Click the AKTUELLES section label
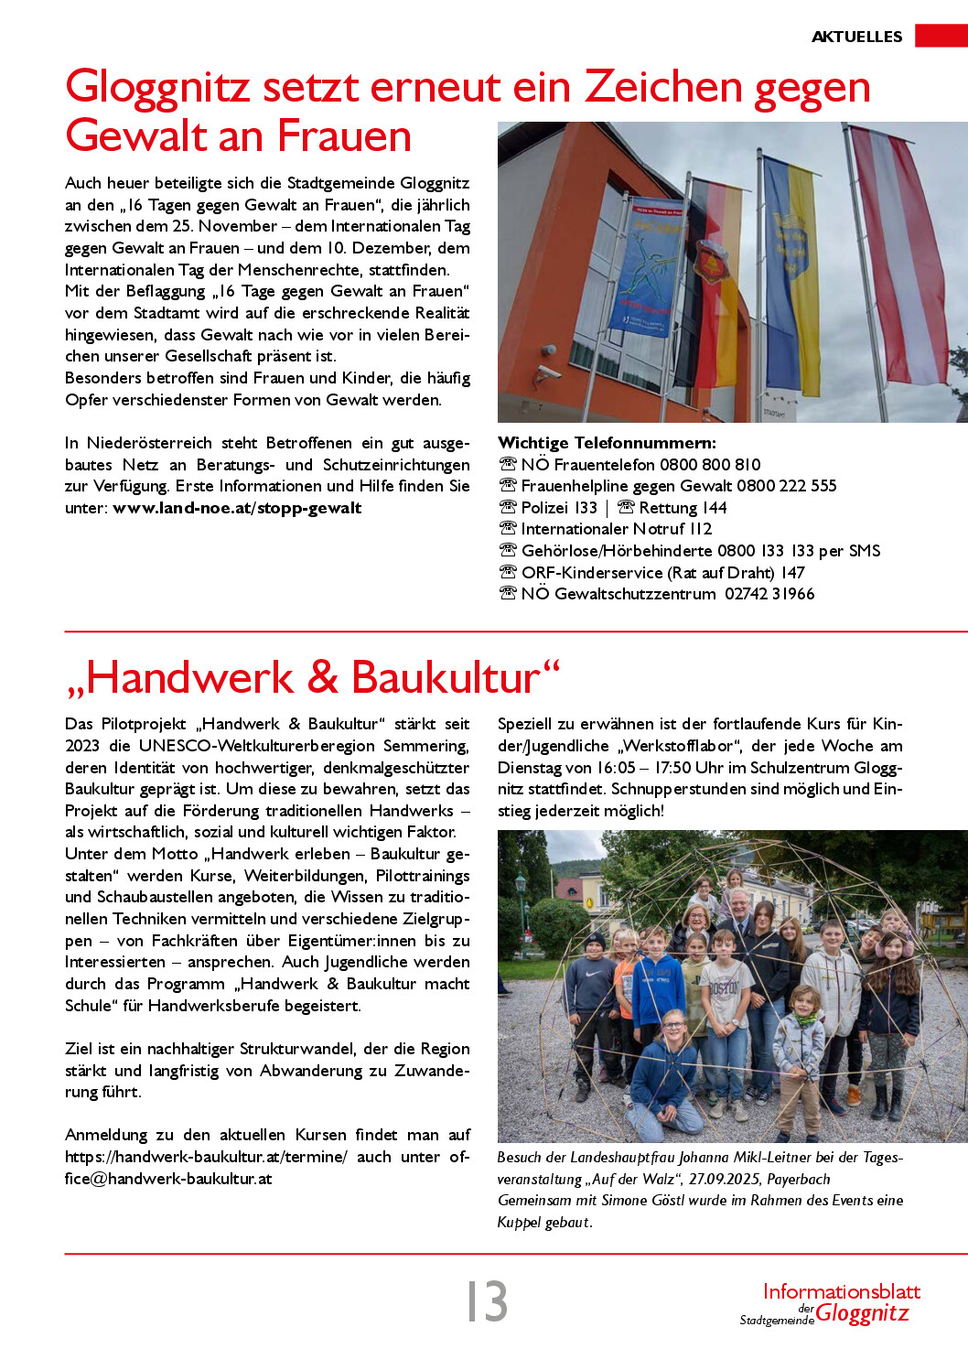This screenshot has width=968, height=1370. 856,37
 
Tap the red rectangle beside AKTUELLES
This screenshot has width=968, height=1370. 941,36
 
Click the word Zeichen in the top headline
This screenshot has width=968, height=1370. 663,87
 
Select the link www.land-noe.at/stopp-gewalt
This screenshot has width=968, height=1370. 237,508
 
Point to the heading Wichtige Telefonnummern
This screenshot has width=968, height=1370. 607,443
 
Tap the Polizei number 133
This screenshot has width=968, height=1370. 586,508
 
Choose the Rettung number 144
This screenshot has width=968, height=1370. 715,508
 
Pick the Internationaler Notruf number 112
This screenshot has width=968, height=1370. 700,529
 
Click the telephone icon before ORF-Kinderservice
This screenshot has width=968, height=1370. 508,572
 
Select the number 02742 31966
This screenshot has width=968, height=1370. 769,594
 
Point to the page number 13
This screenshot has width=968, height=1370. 487,1300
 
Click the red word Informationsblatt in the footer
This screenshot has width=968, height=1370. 841,1291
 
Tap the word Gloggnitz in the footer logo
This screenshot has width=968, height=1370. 862,1313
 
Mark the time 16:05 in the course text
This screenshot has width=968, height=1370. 615,768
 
